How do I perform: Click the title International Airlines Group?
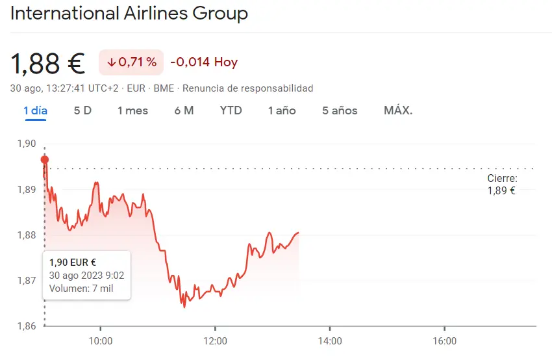coord(129,14)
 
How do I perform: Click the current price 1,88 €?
coord(47,63)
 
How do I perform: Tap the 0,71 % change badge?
coord(131,62)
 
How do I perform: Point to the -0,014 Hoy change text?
coord(204,62)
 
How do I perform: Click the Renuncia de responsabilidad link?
coord(247,88)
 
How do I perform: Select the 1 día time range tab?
coord(35,110)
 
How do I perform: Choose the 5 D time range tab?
coord(82,110)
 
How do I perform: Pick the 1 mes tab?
coord(132,110)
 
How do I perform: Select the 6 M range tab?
coord(184,110)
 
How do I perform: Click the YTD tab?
coord(231,110)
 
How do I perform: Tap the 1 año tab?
coord(282,110)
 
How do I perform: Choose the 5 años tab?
coord(340,110)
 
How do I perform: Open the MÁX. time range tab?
coord(398,110)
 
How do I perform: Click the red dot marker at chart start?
coord(44,159)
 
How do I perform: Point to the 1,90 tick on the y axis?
coord(27,144)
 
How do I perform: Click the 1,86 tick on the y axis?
coord(27,326)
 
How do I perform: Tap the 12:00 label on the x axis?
coord(215,341)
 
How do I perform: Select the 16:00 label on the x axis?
coord(444,341)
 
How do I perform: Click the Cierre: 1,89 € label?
coord(502,185)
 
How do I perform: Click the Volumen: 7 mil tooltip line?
coord(81,289)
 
